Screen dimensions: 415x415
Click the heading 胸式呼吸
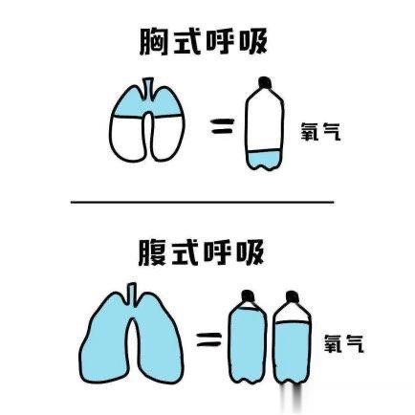[203, 42]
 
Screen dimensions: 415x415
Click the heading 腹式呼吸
[202, 253]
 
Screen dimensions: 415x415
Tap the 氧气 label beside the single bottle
[321, 131]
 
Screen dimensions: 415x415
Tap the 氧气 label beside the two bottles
[344, 343]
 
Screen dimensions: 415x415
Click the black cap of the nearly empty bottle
[265, 82]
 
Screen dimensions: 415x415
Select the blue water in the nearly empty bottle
[265, 160]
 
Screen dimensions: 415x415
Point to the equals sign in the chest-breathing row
[221, 126]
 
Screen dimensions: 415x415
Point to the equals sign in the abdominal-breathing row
[209, 339]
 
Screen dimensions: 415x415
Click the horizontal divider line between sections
[203, 202]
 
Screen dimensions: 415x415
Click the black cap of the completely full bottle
[248, 296]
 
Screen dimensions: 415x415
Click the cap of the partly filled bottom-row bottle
[292, 296]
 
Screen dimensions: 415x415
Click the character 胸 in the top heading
[154, 42]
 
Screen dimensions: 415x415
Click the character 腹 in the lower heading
[152, 253]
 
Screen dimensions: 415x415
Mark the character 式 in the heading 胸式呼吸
[186, 42]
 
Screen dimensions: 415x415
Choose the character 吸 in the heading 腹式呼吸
[251, 253]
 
